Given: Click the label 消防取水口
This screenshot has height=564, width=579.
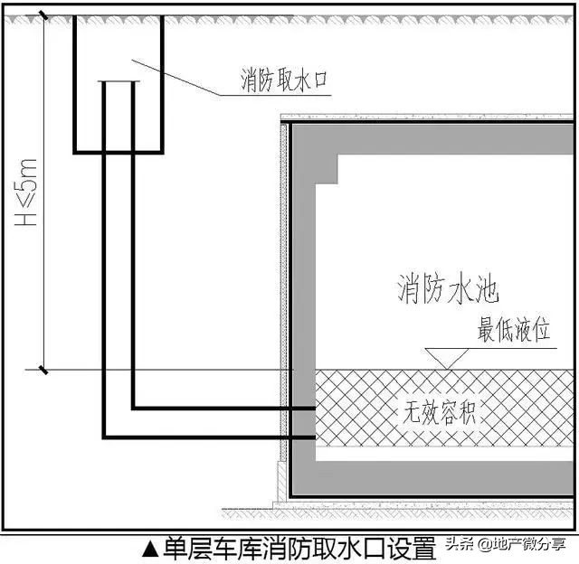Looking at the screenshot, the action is (284, 80).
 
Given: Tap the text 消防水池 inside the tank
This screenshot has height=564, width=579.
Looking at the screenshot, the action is (448, 288).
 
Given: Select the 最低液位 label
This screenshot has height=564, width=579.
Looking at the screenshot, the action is (514, 329).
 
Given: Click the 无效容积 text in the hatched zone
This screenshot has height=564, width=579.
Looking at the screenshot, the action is (439, 411).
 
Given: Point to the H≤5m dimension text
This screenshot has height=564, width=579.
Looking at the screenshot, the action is (26, 193).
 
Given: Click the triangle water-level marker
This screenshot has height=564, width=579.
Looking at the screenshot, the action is (446, 358).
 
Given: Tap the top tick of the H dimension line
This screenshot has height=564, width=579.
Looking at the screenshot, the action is (43, 15).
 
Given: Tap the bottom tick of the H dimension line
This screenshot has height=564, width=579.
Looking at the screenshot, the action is (43, 370).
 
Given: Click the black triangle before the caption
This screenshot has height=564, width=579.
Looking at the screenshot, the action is (151, 549).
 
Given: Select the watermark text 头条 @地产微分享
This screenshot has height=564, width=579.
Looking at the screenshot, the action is (506, 544).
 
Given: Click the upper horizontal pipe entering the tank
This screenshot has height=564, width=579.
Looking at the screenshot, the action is (223, 408).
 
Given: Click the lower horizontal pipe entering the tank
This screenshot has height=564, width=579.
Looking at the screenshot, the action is (209, 437).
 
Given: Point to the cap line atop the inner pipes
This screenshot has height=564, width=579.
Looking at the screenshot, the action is (119, 81).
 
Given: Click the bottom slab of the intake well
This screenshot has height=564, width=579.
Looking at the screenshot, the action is (119, 152).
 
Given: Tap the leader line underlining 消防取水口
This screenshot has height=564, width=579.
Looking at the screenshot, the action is (275, 95).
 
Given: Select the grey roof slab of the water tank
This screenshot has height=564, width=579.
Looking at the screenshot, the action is (433, 139).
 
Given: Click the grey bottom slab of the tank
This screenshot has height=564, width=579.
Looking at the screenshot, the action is (433, 478).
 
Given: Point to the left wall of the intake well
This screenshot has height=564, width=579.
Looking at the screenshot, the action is (75, 84).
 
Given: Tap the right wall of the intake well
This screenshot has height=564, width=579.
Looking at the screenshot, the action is (162, 84).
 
